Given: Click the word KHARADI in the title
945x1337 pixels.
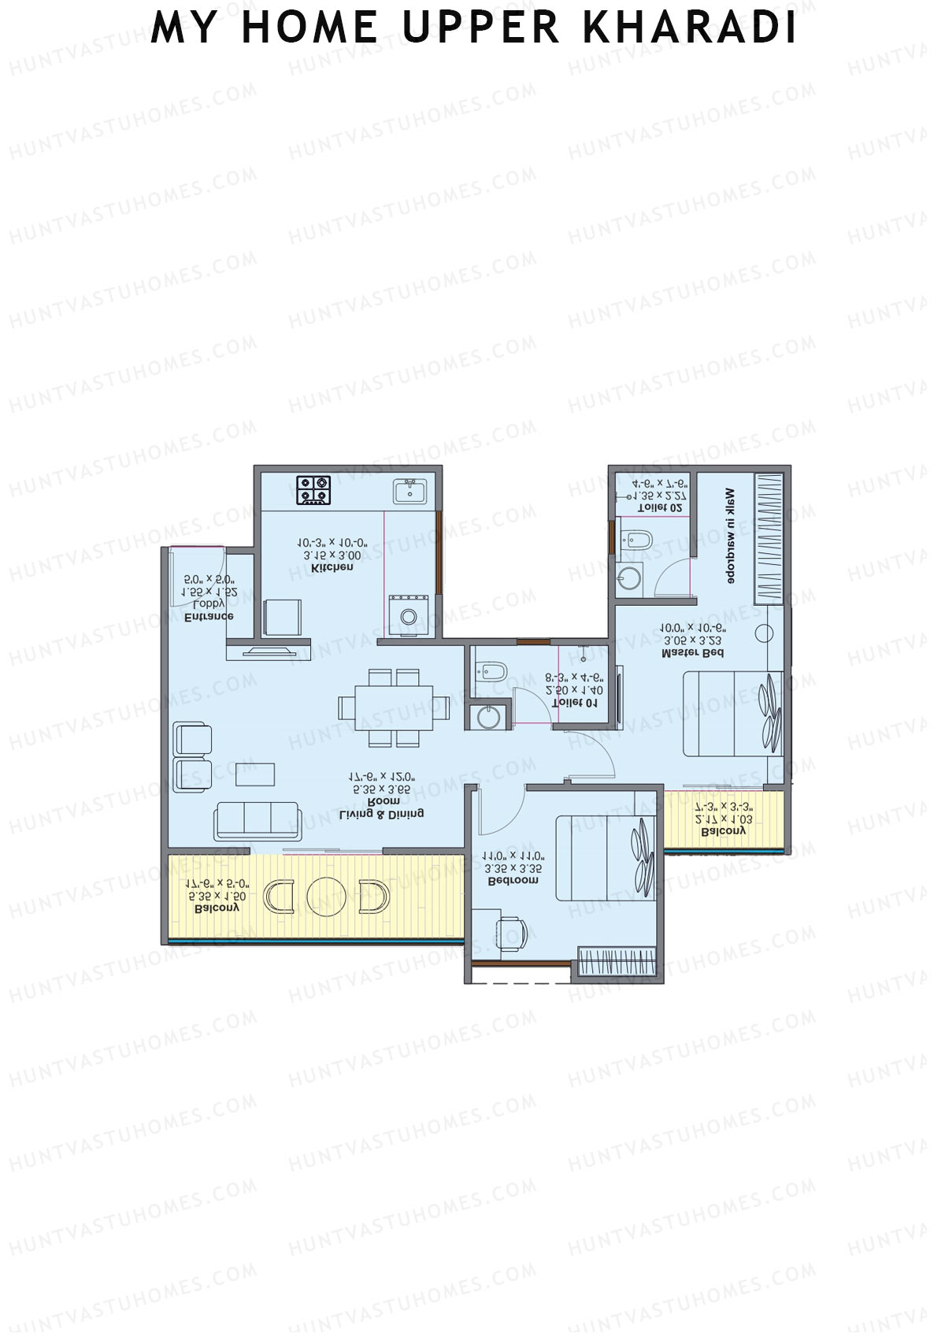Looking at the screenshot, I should coord(690,28).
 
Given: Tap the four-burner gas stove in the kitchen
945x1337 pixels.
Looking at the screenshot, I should coord(313,490).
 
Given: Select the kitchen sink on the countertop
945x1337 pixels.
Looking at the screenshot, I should coord(409,491).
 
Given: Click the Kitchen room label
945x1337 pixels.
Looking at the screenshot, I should coord(332,567).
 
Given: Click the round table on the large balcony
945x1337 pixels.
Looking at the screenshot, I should coord(326,897).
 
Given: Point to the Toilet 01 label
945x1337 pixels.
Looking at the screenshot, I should coord(576,701).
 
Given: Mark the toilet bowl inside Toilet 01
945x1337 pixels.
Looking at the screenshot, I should coord(491,671).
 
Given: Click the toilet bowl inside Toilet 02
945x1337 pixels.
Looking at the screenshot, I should coord(637,540).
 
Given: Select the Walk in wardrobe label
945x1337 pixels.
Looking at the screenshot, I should coord(730,535).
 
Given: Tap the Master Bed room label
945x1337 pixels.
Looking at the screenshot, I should coord(692,652).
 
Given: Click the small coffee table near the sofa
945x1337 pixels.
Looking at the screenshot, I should coord(256,774).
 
